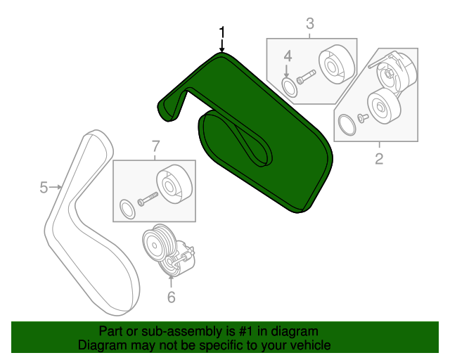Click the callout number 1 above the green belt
[222, 32]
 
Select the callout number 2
[379, 159]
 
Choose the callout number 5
[44, 187]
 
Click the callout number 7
[155, 146]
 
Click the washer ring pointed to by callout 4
[289, 86]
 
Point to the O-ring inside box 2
[346, 126]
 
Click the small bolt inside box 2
[362, 117]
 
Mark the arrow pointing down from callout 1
[222, 46]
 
